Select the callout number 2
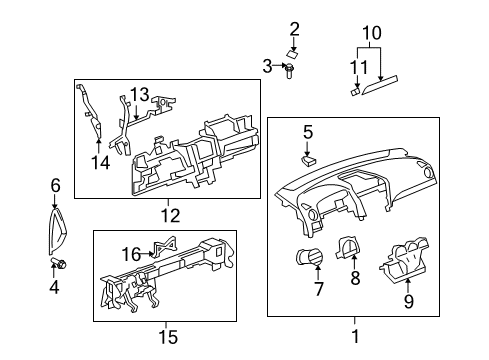pyautogui.click(x=295, y=27)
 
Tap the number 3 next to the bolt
pyautogui.click(x=268, y=67)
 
